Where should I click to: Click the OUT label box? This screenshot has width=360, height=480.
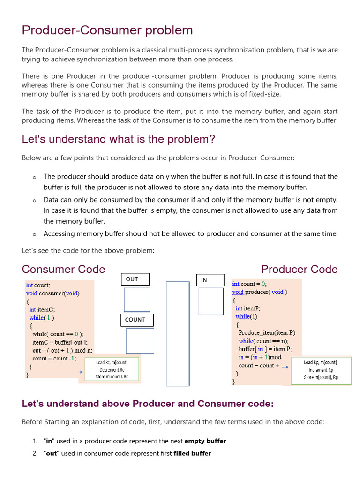tap(135, 279)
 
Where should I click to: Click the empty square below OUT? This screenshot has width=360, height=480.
tap(137, 300)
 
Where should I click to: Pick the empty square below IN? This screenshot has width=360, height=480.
tap(211, 301)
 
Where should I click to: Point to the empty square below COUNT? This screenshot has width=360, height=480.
tap(140, 341)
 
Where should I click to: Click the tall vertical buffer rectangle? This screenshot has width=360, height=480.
tap(178, 333)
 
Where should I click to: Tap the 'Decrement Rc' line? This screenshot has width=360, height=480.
tap(112, 370)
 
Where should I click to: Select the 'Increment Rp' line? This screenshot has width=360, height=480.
tap(321, 370)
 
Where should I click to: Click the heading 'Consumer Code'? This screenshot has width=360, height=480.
tap(63, 269)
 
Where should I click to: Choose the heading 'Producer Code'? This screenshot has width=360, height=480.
tap(299, 269)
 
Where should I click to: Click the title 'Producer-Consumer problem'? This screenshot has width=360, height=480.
tap(107, 30)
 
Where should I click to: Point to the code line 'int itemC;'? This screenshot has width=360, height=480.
tap(42, 309)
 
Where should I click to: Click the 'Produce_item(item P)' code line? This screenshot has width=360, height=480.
tap(267, 333)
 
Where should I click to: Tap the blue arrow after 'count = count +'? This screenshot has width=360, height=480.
tap(285, 366)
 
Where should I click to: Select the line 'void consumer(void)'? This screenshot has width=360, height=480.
tap(52, 293)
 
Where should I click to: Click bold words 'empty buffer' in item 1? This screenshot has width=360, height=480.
tap(205, 441)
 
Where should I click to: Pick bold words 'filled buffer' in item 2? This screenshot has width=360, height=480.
tap(192, 453)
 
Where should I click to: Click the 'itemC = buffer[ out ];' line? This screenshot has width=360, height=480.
tap(60, 342)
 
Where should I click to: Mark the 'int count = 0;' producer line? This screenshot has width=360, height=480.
tap(249, 284)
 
